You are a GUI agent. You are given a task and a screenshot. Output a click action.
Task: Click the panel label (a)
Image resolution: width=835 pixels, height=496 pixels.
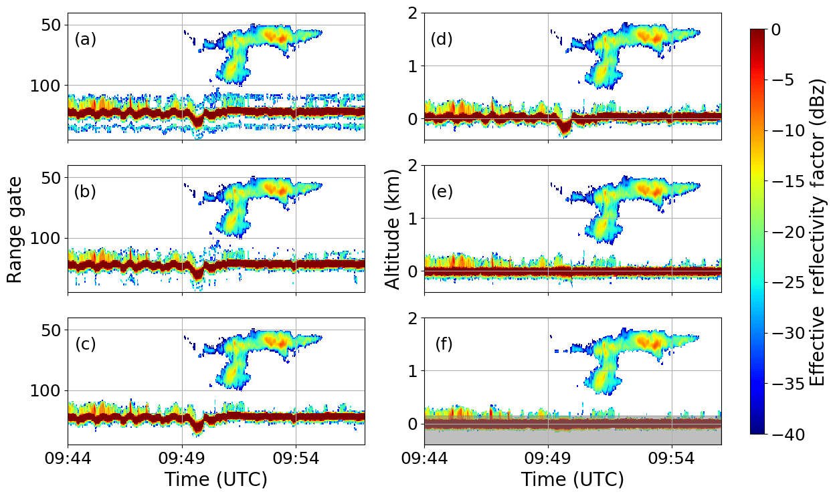click(x=85, y=39)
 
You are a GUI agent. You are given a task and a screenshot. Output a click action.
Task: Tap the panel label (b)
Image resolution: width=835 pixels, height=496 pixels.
click(x=85, y=192)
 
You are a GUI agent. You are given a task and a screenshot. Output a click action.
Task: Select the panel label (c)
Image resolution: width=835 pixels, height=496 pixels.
click(x=85, y=344)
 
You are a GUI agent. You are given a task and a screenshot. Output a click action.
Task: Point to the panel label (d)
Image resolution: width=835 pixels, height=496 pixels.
click(x=442, y=39)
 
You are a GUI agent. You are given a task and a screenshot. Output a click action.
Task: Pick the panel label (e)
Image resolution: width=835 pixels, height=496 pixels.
click(x=442, y=192)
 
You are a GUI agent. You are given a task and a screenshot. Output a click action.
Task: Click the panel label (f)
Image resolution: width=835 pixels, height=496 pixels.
click(x=444, y=344)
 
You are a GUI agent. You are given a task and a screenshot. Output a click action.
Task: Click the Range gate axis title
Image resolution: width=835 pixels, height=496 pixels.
click(x=15, y=229)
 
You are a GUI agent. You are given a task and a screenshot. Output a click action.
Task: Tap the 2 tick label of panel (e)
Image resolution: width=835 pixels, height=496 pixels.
click(x=413, y=166)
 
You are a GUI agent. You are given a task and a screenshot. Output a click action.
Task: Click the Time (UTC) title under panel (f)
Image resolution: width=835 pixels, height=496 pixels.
click(x=572, y=479)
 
